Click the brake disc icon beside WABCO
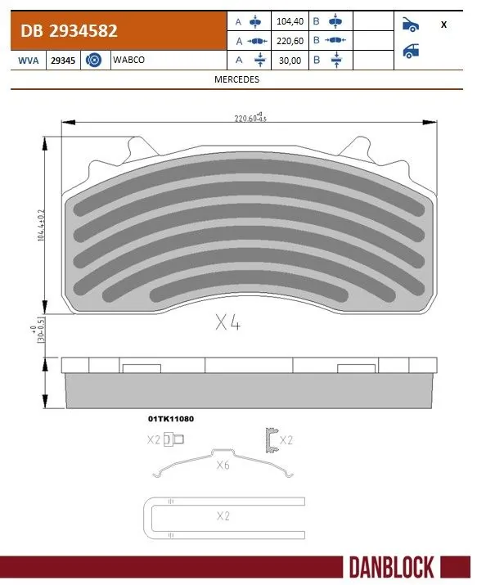coord(92,60)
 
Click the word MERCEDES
coord(236,79)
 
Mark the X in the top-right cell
coord(443,25)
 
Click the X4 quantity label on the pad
coord(227,322)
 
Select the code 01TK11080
coord(170,418)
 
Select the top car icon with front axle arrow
coord(412,25)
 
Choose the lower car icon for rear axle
coord(412,51)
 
